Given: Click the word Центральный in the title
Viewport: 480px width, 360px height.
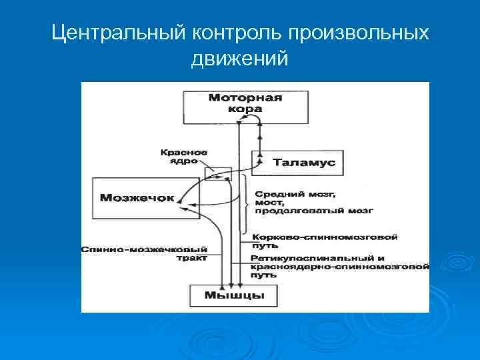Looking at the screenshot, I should pos(117,33).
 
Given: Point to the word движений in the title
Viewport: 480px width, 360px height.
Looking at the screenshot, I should pos(239,60).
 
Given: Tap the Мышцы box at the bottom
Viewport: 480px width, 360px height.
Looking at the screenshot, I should pos(234,295).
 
